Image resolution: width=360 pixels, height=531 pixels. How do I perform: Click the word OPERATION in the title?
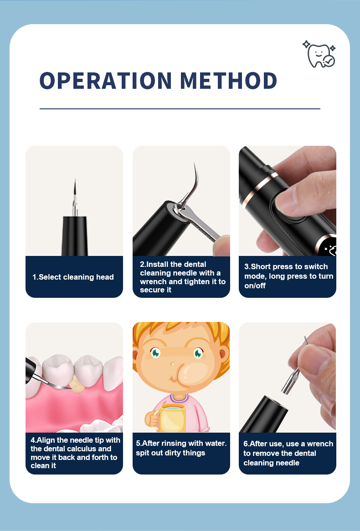coord(106,81)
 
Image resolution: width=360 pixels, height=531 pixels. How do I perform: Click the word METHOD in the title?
coord(228,81)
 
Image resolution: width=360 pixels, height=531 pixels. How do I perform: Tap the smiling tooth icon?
coord(319,54)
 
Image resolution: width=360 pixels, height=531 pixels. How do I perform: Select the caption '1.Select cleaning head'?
coord(73,277)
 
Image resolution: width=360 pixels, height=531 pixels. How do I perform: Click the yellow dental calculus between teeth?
coord(77,386)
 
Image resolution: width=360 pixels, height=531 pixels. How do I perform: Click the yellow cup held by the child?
coord(170,417)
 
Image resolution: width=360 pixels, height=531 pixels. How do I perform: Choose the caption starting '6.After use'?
coord(288,453)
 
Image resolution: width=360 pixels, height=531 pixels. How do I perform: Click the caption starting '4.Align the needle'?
coord(75,453)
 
